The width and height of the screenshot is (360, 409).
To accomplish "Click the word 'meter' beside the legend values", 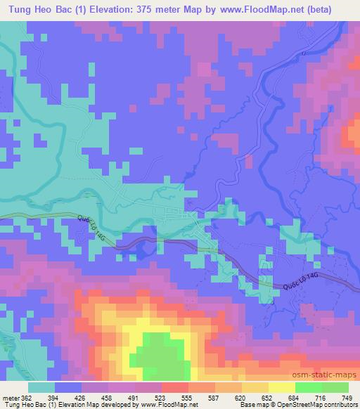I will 13,397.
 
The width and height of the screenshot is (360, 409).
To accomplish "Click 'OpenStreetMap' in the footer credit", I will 286,405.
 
